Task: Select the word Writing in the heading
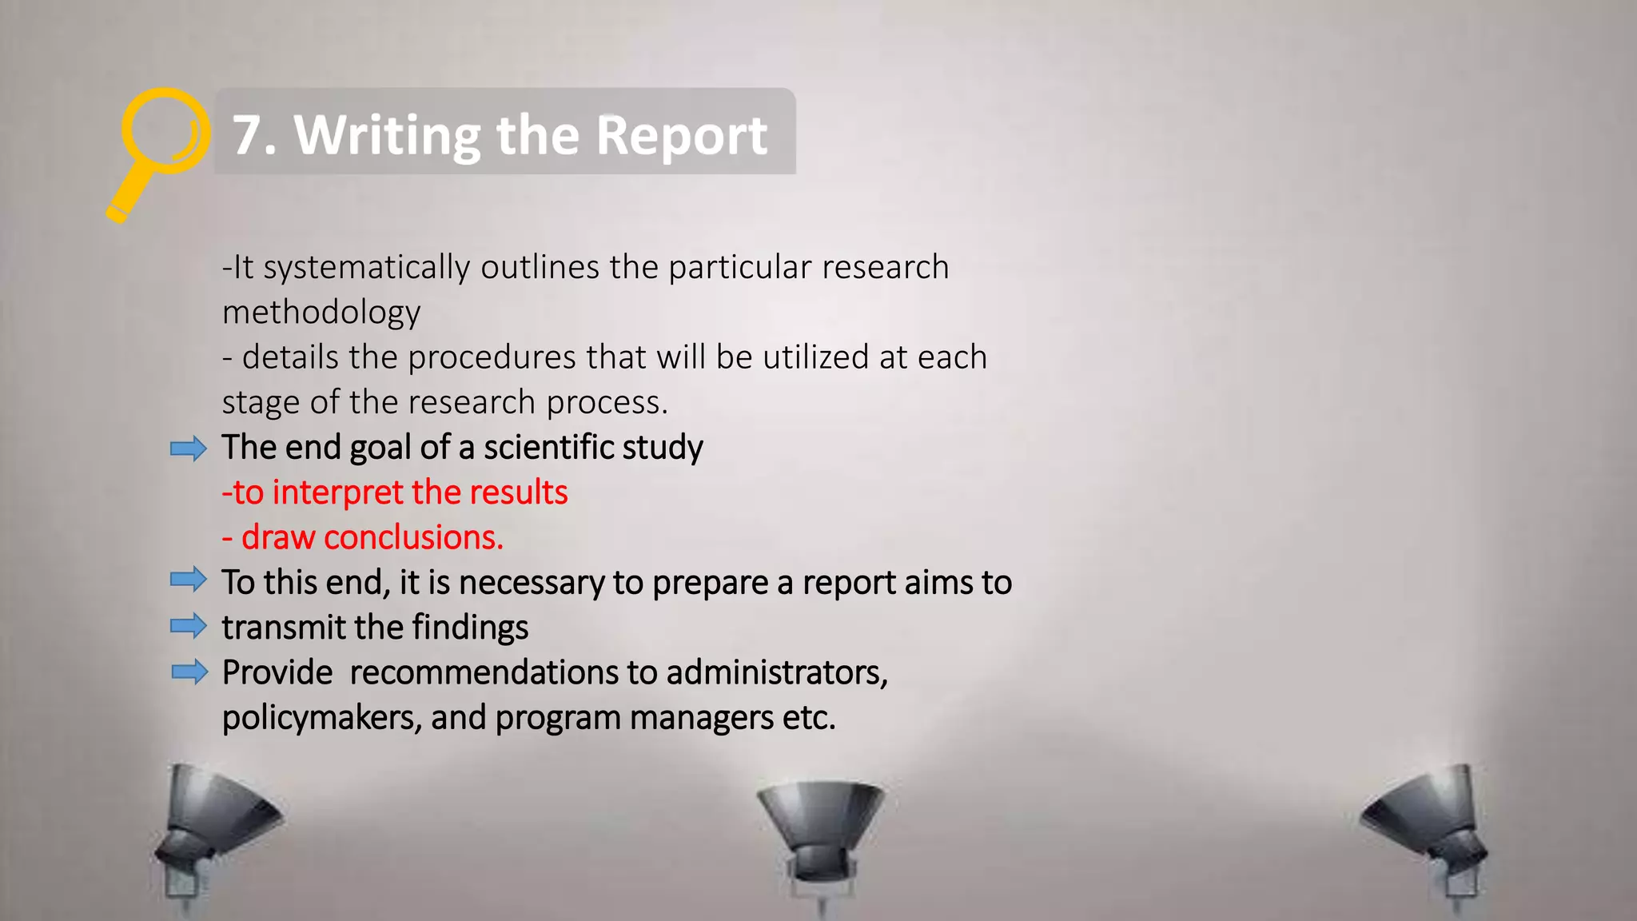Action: [x=388, y=136]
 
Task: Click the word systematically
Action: [x=367, y=268]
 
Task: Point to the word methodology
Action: [x=321, y=313]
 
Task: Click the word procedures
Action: [x=492, y=357]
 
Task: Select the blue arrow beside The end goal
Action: [x=189, y=449]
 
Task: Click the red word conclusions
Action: [x=413, y=538]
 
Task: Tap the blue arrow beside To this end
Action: [x=189, y=580]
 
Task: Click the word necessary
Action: [x=532, y=583]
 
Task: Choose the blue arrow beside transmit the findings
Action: [x=189, y=625]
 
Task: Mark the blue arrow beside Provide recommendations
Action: [x=189, y=672]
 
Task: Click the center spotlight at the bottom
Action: [x=819, y=831]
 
